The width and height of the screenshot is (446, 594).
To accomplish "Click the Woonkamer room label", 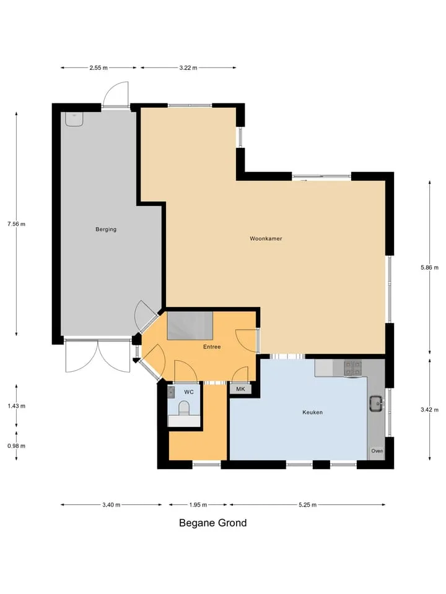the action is (x=266, y=239).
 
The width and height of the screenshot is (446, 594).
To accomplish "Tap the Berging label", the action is (x=106, y=229).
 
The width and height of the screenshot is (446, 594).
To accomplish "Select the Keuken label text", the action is (x=312, y=412).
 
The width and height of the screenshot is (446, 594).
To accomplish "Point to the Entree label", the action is (x=212, y=346).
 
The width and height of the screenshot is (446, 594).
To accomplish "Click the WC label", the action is (x=188, y=392).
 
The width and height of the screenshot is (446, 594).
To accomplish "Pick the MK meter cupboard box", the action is (x=240, y=389).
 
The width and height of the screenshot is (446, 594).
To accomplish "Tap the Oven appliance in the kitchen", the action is (x=377, y=451).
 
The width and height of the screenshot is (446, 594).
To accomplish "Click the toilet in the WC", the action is (x=184, y=408).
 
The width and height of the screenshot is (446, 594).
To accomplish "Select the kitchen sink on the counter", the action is (x=377, y=403).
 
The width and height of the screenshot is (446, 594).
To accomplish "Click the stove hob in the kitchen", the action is (x=352, y=368).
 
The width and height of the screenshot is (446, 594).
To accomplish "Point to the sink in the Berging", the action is (x=74, y=119).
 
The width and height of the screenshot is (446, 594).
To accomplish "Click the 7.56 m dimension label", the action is (x=16, y=224).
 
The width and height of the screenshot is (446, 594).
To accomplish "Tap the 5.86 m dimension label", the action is (x=429, y=267).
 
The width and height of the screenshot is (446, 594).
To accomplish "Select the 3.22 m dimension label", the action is (x=188, y=68).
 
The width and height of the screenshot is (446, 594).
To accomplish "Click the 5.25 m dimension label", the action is (x=307, y=505).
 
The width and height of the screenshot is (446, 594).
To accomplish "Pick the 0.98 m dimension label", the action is (x=16, y=446).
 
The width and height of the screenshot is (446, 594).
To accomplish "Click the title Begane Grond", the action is (x=212, y=523).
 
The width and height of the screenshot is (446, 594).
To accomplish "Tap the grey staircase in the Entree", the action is (x=190, y=326).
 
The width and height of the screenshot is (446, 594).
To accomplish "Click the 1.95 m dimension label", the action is (x=198, y=505).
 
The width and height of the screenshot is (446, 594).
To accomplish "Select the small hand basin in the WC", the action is (x=171, y=392).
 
